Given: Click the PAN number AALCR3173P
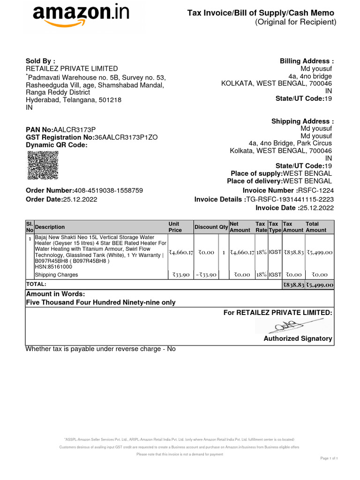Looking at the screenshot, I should tap(75, 129).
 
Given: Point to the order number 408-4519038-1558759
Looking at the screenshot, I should tap(109, 190).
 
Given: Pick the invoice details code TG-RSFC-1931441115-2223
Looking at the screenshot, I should tap(290, 199).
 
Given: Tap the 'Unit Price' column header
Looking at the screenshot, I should tap(174, 227).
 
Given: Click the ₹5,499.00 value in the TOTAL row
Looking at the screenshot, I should tap(320, 285).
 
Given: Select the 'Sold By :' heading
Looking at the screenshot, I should tap(40, 61).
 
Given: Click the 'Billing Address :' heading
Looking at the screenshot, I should tap(307, 61).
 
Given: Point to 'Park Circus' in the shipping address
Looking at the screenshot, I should tap(317, 143).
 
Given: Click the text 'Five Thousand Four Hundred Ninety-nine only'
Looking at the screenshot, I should tap(101, 302).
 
